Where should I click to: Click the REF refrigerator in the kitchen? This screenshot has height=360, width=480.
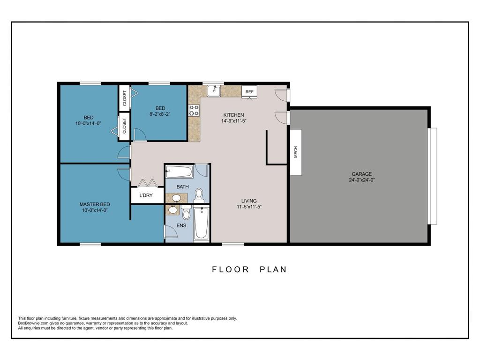[x=249, y=92]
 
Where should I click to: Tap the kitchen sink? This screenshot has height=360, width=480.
[x=214, y=91]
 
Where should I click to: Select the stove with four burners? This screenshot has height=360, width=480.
[x=194, y=110]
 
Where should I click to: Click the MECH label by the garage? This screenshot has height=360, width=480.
[x=296, y=152]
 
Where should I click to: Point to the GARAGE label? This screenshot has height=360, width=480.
[x=361, y=174]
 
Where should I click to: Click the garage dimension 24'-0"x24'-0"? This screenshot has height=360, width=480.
[x=361, y=180]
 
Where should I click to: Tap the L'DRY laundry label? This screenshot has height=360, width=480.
[x=146, y=195]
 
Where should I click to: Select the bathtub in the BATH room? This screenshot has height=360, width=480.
[x=180, y=172]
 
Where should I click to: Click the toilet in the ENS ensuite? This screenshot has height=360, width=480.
[x=186, y=213]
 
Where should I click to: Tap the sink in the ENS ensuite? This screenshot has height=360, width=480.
[x=173, y=210]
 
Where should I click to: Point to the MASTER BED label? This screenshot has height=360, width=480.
[x=95, y=204]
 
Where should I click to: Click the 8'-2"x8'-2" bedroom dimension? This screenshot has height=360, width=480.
[x=160, y=114]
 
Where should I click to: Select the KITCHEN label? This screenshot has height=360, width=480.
[x=233, y=115]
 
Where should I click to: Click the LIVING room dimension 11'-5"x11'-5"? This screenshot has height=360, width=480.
[x=249, y=207]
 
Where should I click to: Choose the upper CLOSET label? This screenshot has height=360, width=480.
[x=125, y=98]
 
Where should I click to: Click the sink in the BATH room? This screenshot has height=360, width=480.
[x=176, y=198]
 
